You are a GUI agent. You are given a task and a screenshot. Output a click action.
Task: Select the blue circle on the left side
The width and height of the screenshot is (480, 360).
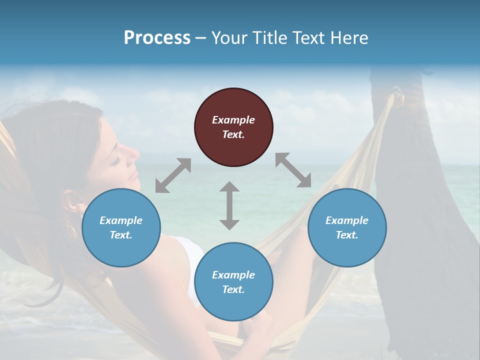(x=121, y=227)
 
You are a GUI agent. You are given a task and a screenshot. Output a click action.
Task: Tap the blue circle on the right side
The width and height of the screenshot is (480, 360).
(x=347, y=227)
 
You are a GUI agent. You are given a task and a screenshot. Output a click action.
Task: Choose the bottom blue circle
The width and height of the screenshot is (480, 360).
(x=233, y=282)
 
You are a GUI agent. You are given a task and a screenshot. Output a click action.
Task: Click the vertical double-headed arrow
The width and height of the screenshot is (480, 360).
(x=229, y=205)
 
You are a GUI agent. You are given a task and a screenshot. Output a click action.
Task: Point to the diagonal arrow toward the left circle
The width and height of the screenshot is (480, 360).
(x=173, y=175)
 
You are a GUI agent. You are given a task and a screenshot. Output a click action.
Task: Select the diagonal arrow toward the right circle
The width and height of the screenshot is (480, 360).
(x=293, y=170)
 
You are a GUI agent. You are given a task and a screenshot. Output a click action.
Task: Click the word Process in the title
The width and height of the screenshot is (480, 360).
(x=157, y=37)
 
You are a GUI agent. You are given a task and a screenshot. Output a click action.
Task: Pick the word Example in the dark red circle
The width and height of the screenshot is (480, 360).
(x=233, y=120)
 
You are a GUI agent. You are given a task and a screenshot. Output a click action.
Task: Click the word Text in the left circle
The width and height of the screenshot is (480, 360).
(x=120, y=235)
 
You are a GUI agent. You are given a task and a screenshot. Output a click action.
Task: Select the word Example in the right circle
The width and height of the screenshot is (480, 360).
(x=347, y=220)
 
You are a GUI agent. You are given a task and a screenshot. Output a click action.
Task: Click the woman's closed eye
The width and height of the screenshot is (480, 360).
(x=116, y=159)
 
